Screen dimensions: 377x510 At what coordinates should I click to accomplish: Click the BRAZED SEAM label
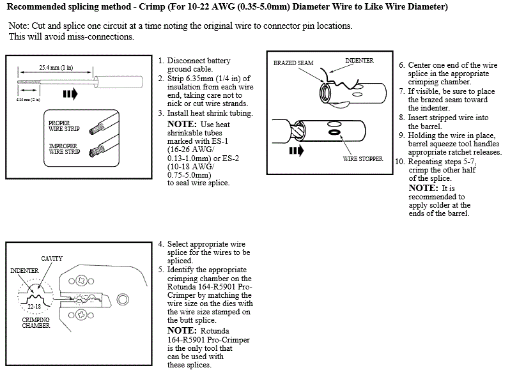click(x=293, y=64)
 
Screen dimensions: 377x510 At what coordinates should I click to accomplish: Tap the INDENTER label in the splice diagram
click(x=359, y=60)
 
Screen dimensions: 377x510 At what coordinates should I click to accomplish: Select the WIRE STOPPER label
click(x=362, y=158)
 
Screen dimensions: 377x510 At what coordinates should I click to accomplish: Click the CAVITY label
click(x=52, y=258)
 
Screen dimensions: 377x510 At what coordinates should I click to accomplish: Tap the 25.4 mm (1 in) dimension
click(x=56, y=66)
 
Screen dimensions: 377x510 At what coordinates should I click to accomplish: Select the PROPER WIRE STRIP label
click(x=63, y=124)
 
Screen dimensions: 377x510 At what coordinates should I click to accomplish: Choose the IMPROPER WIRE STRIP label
click(x=63, y=150)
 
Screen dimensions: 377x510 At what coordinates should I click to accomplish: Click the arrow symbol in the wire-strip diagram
click(x=70, y=94)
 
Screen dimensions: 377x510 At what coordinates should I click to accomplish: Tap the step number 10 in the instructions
click(x=399, y=161)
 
